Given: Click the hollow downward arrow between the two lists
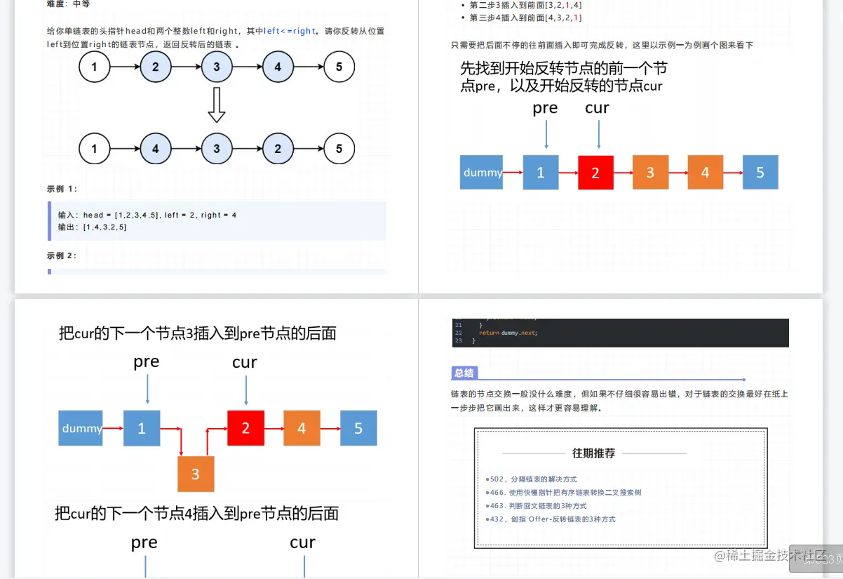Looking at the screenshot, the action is tap(217, 105).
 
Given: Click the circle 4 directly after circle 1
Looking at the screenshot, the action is tap(156, 149).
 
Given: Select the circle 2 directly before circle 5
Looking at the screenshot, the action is tap(278, 149).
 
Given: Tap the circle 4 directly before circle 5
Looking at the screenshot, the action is tap(278, 67).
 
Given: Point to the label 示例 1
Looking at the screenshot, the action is tap(62, 189).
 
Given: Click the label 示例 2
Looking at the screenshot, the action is tap(62, 255).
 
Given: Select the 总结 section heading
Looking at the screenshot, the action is tap(464, 373).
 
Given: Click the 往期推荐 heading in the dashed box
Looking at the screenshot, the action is tap(593, 453).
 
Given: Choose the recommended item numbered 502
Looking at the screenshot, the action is tap(533, 479).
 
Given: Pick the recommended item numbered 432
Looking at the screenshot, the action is tap(552, 519).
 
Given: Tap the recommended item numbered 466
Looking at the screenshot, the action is tap(563, 493).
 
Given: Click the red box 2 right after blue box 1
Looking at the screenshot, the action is tap(595, 173).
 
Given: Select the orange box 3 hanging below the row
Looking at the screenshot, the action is tap(196, 474).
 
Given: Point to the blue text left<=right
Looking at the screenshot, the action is tap(290, 31).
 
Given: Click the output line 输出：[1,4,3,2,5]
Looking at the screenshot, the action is tap(93, 227).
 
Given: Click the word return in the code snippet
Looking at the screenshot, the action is tap(489, 333).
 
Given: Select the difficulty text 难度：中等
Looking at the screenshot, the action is tap(69, 4).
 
